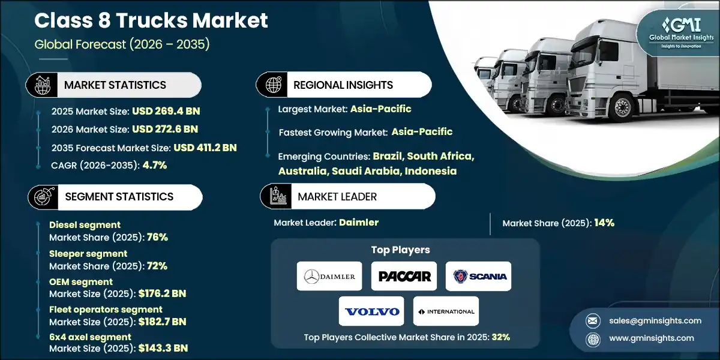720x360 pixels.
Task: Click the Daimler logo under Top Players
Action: click(329, 276)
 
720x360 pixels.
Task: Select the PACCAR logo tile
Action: click(404, 276)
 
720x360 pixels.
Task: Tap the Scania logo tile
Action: click(478, 276)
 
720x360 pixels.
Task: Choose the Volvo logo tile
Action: click(371, 311)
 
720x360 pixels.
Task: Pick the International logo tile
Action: click(446, 311)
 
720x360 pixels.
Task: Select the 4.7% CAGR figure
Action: click(154, 166)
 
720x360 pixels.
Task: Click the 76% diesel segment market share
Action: click(157, 236)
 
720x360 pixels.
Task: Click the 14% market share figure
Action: click(604, 223)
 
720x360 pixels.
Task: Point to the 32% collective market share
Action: click(500, 337)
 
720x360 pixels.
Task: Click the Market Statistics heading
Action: click(115, 85)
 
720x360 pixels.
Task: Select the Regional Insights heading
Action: click(343, 85)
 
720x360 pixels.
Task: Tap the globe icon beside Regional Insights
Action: click(273, 85)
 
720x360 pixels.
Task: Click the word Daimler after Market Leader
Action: click(359, 223)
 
